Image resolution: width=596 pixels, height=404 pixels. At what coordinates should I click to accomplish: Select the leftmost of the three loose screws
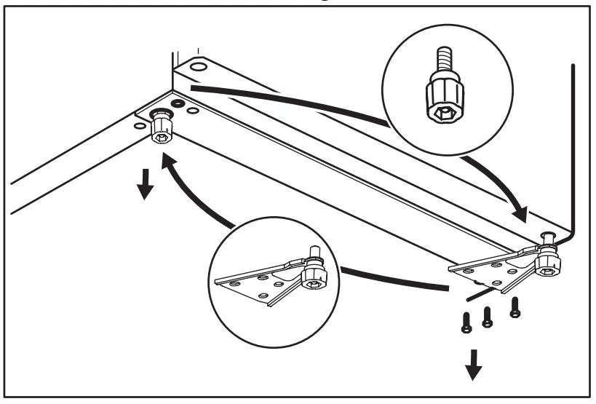pos(465,322)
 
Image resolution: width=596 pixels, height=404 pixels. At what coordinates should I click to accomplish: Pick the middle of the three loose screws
pos(488,314)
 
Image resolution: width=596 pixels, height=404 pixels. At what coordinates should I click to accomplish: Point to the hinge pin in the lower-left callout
pos(315,252)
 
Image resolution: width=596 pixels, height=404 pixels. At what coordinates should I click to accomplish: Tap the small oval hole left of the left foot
pos(139,124)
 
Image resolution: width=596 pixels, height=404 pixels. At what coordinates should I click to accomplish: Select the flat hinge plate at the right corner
pos(488,271)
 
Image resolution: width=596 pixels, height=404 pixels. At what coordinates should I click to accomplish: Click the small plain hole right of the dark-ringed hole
pos(193,110)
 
